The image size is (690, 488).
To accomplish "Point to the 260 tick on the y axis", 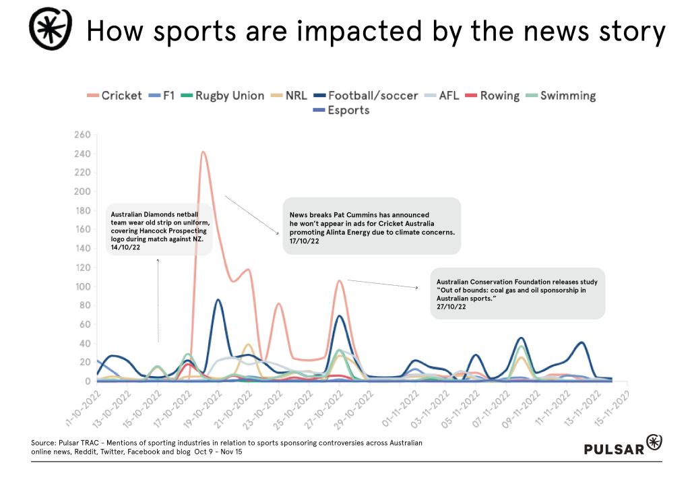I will coord(81,135).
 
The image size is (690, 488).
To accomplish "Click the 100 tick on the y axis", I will coord(81,286).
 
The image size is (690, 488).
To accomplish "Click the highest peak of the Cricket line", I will coord(203,152).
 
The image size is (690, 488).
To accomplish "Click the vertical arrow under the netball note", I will coord(158,300).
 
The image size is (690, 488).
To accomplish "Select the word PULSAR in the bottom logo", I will coord(613,449).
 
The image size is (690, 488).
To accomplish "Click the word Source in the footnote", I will coord(44,442).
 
